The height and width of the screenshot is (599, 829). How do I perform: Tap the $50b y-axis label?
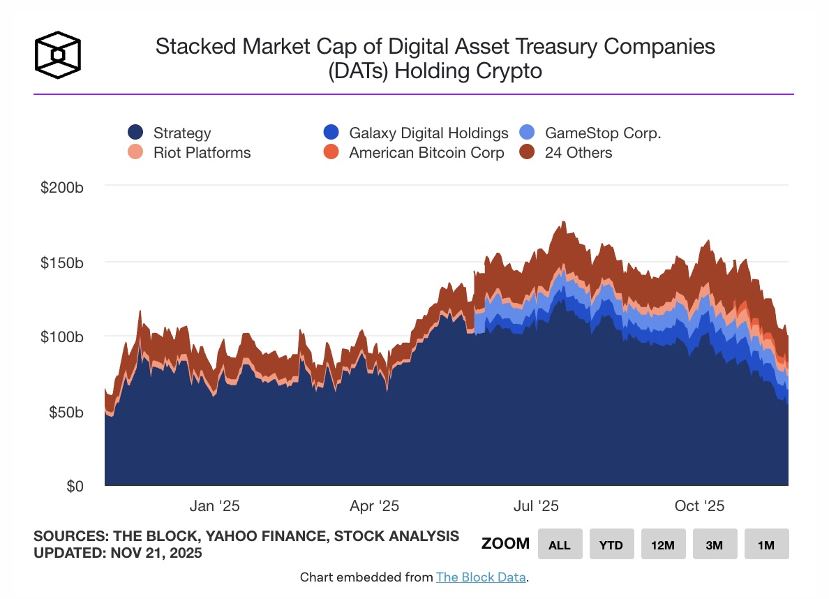coord(68,411)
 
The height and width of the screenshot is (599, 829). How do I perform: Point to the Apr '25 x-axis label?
coord(374,506)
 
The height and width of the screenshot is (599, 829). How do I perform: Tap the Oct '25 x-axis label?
coord(700,506)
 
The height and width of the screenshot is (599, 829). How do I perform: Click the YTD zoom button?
coord(611,545)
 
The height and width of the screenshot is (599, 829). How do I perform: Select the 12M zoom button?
coord(663,545)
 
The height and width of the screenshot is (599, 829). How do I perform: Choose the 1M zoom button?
coord(766,545)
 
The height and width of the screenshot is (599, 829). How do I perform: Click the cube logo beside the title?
coord(58,55)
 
